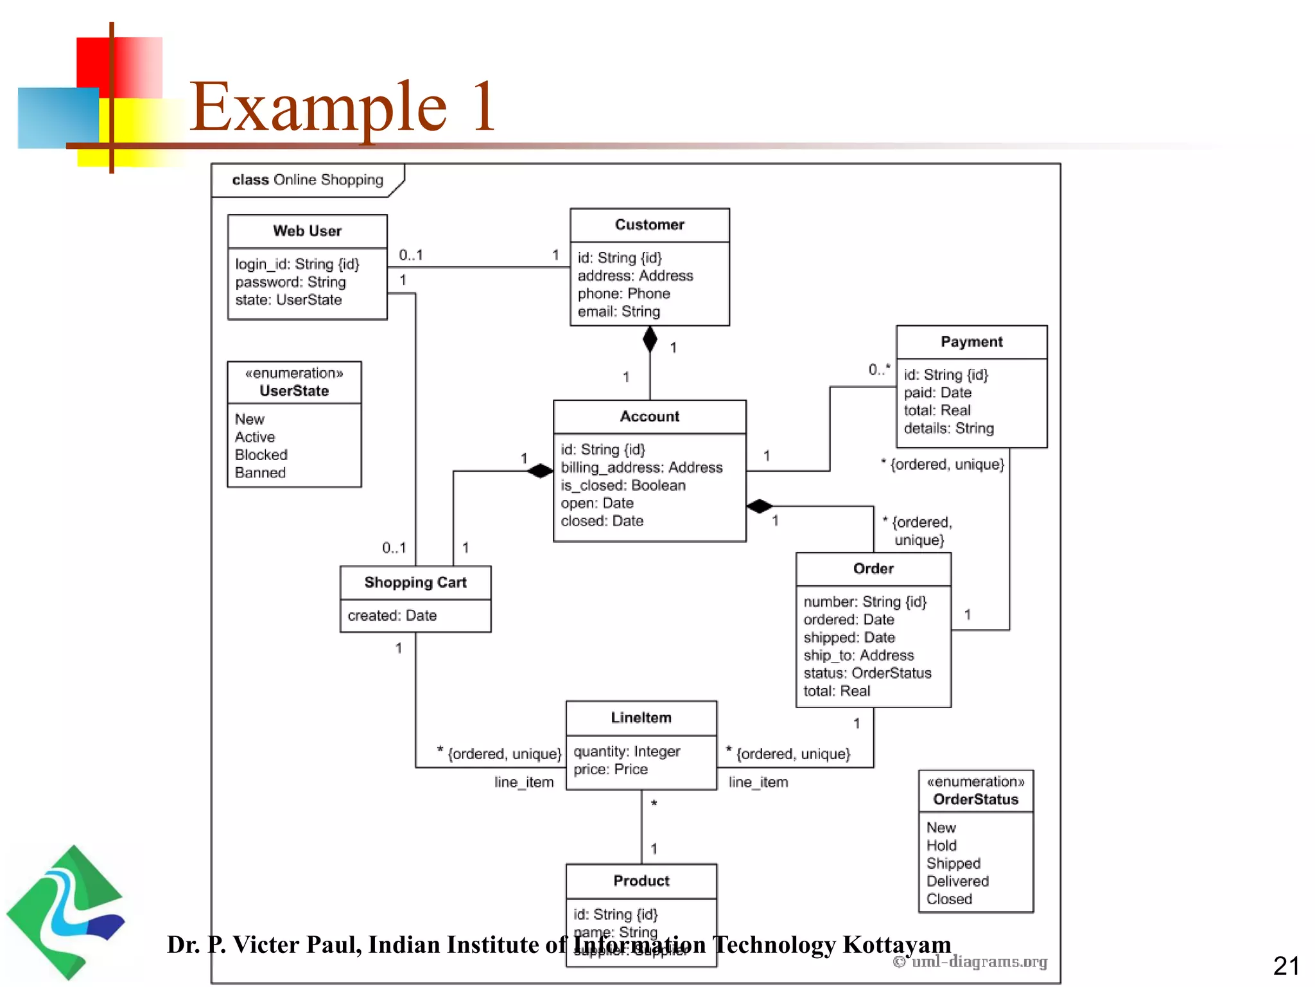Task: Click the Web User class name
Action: (x=307, y=231)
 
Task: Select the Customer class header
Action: (x=649, y=225)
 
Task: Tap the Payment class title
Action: (x=971, y=342)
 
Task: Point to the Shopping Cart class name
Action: (x=415, y=582)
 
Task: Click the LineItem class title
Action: (x=641, y=718)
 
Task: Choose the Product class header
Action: (x=641, y=880)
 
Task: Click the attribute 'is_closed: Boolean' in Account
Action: (x=623, y=485)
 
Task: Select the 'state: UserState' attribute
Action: (x=288, y=300)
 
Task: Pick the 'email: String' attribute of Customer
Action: (x=618, y=312)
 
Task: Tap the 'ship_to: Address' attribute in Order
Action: (x=858, y=655)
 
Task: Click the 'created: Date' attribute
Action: (x=392, y=616)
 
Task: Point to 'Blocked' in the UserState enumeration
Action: (x=261, y=455)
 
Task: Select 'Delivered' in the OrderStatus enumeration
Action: (x=957, y=881)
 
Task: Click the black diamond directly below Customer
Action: (x=650, y=339)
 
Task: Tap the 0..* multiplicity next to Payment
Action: (x=879, y=369)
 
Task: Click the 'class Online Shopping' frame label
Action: (x=307, y=180)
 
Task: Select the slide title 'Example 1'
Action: (x=342, y=107)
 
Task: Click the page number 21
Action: (x=1285, y=966)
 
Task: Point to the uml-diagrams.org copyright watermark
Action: (x=970, y=961)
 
